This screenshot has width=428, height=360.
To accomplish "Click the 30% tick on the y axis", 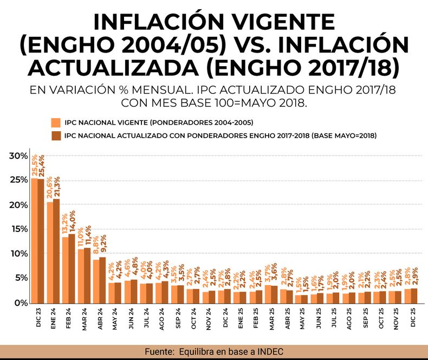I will coord(18,156).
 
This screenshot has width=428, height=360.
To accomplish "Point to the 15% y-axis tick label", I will coord(18,229).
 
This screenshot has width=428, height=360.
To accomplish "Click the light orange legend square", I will coord(54,121).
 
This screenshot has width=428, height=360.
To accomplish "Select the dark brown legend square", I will coord(54,134).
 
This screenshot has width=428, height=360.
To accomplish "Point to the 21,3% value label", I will coord(57,187).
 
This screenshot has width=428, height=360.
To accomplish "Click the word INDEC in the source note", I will coord(270,352).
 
